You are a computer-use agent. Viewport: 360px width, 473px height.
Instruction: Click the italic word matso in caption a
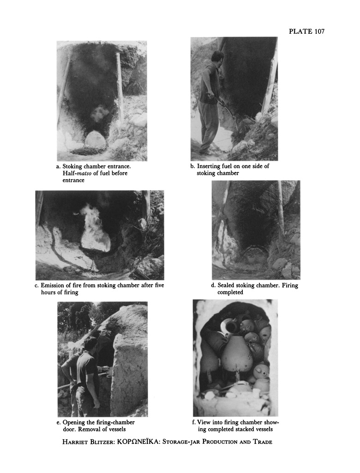tap(84, 174)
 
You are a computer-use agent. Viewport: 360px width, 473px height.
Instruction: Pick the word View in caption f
tap(204, 422)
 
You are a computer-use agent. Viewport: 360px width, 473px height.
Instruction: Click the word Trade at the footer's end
tap(263, 442)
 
